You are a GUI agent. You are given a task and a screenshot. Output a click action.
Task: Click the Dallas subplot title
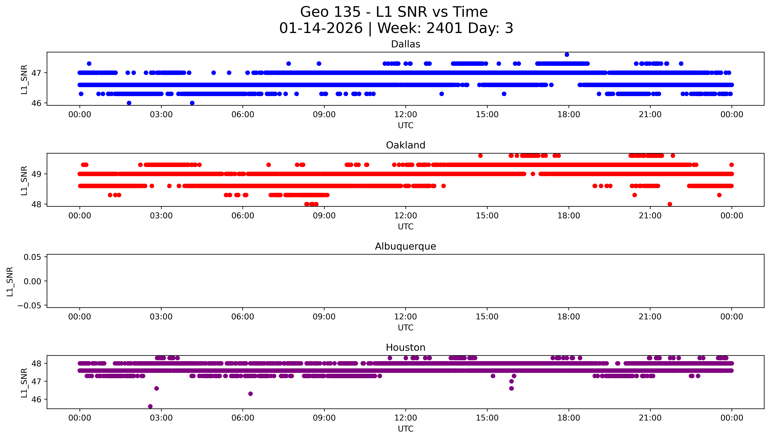pos(405,44)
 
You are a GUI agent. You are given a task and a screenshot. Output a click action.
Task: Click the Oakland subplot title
pos(405,145)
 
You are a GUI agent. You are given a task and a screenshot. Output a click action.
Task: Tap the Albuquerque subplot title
pos(405,247)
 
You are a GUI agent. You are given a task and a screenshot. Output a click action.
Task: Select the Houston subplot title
pos(405,348)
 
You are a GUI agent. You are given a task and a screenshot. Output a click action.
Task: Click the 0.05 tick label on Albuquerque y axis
pos(33,257)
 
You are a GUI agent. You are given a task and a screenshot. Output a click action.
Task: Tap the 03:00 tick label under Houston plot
pos(161,418)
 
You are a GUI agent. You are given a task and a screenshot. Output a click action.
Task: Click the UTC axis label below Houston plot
pos(405,429)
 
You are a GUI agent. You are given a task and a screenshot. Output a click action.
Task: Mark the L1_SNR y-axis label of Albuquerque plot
pos(10,281)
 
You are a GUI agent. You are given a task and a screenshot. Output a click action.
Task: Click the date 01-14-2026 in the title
pos(321,28)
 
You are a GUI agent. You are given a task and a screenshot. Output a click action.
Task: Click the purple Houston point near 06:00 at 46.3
pos(250,394)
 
